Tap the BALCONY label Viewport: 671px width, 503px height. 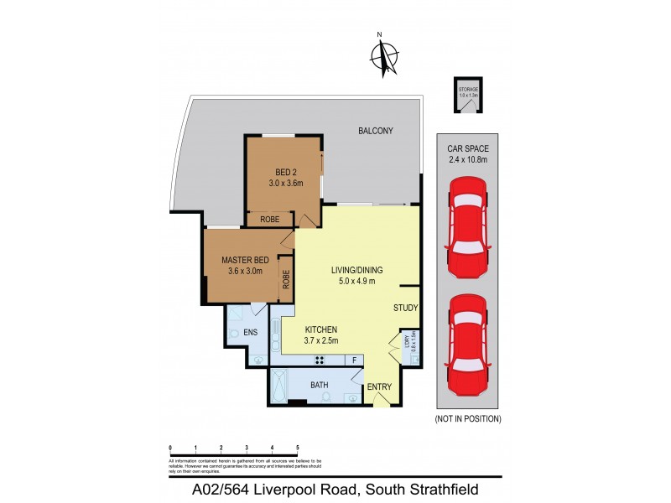point(375,131)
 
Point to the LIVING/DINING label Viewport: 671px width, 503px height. point(356,269)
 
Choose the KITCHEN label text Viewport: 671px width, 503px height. point(321,329)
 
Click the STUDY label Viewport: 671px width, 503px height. point(405,308)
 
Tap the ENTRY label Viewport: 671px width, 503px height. point(380,386)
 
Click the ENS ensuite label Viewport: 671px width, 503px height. point(250,333)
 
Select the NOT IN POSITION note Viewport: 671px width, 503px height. point(467,418)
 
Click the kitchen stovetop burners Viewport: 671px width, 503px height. point(320,360)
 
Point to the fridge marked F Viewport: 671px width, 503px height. point(355,360)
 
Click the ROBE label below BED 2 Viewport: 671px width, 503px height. point(269,219)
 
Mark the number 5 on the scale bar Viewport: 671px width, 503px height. point(298,449)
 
